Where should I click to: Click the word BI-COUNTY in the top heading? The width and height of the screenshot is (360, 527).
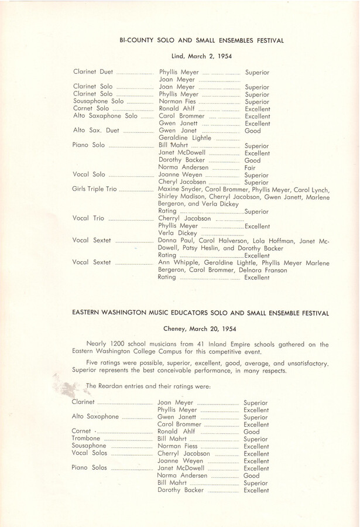pos(137,40)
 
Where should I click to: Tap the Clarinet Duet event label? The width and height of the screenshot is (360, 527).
pos(94,72)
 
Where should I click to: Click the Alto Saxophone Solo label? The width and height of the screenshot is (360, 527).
pos(105,116)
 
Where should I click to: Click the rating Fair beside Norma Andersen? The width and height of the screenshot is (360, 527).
pos(251,167)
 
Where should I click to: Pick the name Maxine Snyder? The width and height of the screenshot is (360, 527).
pos(180,189)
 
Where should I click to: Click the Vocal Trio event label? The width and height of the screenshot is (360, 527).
pos(88,218)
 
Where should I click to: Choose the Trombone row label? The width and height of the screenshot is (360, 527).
pos(85,439)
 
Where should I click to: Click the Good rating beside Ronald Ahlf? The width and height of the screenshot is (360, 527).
pos(252,432)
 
